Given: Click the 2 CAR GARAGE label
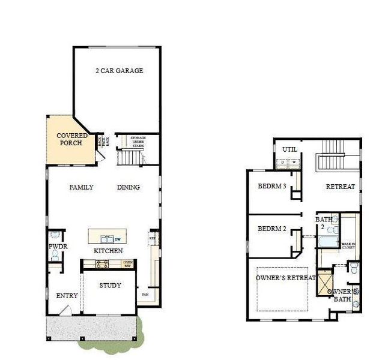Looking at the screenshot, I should [119, 71].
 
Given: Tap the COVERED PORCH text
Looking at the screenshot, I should [72, 140].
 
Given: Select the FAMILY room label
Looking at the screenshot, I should [81, 187].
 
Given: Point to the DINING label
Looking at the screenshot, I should [128, 187].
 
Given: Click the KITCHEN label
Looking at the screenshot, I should [108, 251].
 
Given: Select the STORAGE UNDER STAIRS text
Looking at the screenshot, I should [138, 142].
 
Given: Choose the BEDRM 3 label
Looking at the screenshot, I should [271, 187].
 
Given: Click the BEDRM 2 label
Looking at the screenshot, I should [271, 229].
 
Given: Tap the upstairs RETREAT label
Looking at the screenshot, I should [341, 187].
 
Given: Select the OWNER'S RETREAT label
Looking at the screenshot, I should [286, 278].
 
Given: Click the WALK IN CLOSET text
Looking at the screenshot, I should [348, 246].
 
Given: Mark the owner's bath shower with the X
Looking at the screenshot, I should [326, 283].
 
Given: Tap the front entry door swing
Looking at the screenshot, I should [68, 310].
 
